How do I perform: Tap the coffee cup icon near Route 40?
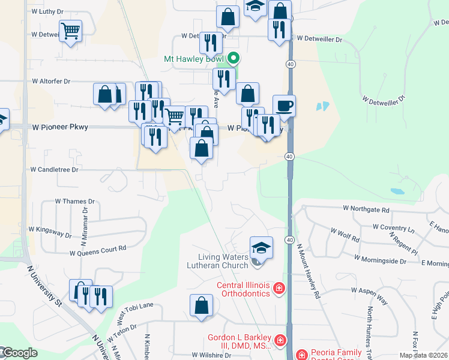[x=285, y=106]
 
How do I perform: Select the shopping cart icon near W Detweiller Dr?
[x=71, y=31]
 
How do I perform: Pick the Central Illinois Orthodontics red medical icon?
[x=279, y=289]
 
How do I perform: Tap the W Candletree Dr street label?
[x=55, y=170]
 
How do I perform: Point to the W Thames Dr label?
[x=74, y=202]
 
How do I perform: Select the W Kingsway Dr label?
[x=50, y=230]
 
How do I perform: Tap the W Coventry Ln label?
[x=393, y=227]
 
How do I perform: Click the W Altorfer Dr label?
[x=51, y=80]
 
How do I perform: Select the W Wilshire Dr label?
[x=211, y=355]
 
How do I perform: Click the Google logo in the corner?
[x=19, y=353]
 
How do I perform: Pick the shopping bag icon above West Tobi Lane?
[x=201, y=305]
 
